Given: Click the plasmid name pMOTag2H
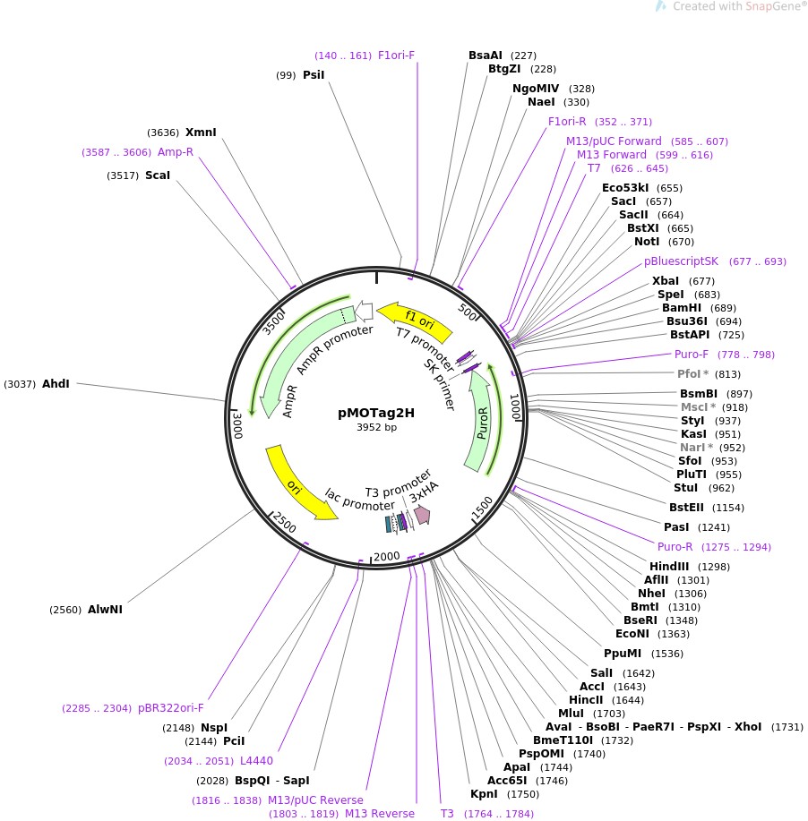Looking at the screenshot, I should point(375,413).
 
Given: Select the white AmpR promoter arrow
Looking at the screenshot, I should point(364,311).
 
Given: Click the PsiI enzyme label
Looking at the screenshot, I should point(314,75).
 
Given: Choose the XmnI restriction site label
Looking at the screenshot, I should point(201,133).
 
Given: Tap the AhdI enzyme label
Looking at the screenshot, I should point(56,383).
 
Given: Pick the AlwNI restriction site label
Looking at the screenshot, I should point(105,610).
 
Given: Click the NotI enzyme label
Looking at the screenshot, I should point(646,242).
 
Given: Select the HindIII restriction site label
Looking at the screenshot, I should point(669,567).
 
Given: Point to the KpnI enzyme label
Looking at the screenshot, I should point(484,794).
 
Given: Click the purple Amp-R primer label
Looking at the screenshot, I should point(176,152).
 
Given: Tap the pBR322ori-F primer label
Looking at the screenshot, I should point(171,707).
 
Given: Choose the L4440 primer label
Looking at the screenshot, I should point(256,760).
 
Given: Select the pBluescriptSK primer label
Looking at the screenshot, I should point(681,261).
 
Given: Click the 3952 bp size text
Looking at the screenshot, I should point(376,428).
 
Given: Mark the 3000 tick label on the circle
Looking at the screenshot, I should point(237,423).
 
